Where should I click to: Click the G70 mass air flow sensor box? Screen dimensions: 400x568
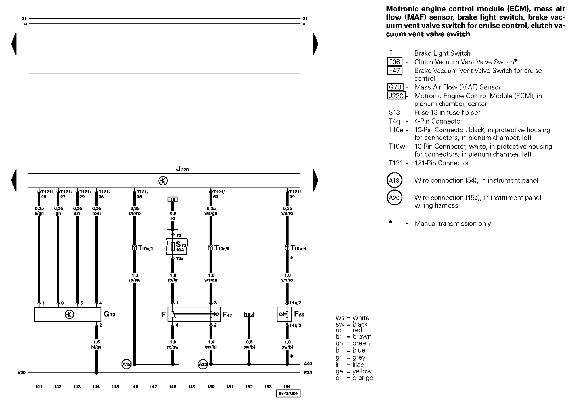pos(68,314)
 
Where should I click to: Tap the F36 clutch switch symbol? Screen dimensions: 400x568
pos(284,314)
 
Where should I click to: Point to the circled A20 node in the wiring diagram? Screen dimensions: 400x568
pos(203,364)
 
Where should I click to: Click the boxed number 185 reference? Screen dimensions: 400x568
pos(249,314)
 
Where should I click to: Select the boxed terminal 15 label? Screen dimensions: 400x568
pos(172,199)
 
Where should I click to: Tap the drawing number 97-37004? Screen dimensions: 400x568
pos(288,393)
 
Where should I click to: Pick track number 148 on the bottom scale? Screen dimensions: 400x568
pos(172,387)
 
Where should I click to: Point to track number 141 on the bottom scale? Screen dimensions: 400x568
pos(39,387)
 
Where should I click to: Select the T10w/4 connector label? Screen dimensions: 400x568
pos(298,248)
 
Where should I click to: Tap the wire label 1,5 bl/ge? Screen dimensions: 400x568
pos(96,345)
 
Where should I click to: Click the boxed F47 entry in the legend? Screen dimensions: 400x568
pos(394,70)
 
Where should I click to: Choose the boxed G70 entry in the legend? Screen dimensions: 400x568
pos(395,87)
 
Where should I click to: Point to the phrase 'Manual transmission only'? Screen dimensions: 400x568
pos(452,224)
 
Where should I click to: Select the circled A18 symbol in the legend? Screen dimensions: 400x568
pos(394,180)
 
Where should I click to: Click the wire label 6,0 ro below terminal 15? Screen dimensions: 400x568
pos(173,216)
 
